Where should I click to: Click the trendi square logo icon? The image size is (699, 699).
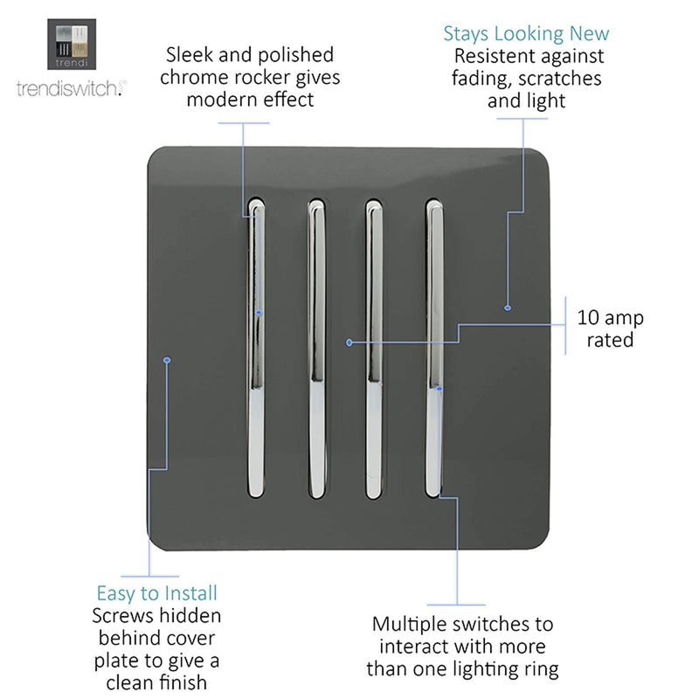[x=72, y=45]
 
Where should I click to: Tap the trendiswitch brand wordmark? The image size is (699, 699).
[x=72, y=88]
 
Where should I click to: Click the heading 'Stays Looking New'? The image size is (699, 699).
[x=526, y=34]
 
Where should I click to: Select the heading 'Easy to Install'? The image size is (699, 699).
[x=157, y=594]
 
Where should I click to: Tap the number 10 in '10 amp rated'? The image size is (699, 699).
[x=588, y=318]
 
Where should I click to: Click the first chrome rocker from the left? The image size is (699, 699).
[x=256, y=348]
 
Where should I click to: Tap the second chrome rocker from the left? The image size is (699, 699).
[x=316, y=349]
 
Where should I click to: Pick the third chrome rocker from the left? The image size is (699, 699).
[x=374, y=349]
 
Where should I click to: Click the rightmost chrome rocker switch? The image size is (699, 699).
[x=433, y=348]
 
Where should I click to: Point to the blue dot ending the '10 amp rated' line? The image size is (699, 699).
[x=349, y=343]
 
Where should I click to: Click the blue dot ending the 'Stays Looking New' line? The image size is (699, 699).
[x=508, y=308]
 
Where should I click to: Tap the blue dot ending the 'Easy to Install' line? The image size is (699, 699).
[x=167, y=360]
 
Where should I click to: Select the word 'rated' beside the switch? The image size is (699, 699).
[x=610, y=340]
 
